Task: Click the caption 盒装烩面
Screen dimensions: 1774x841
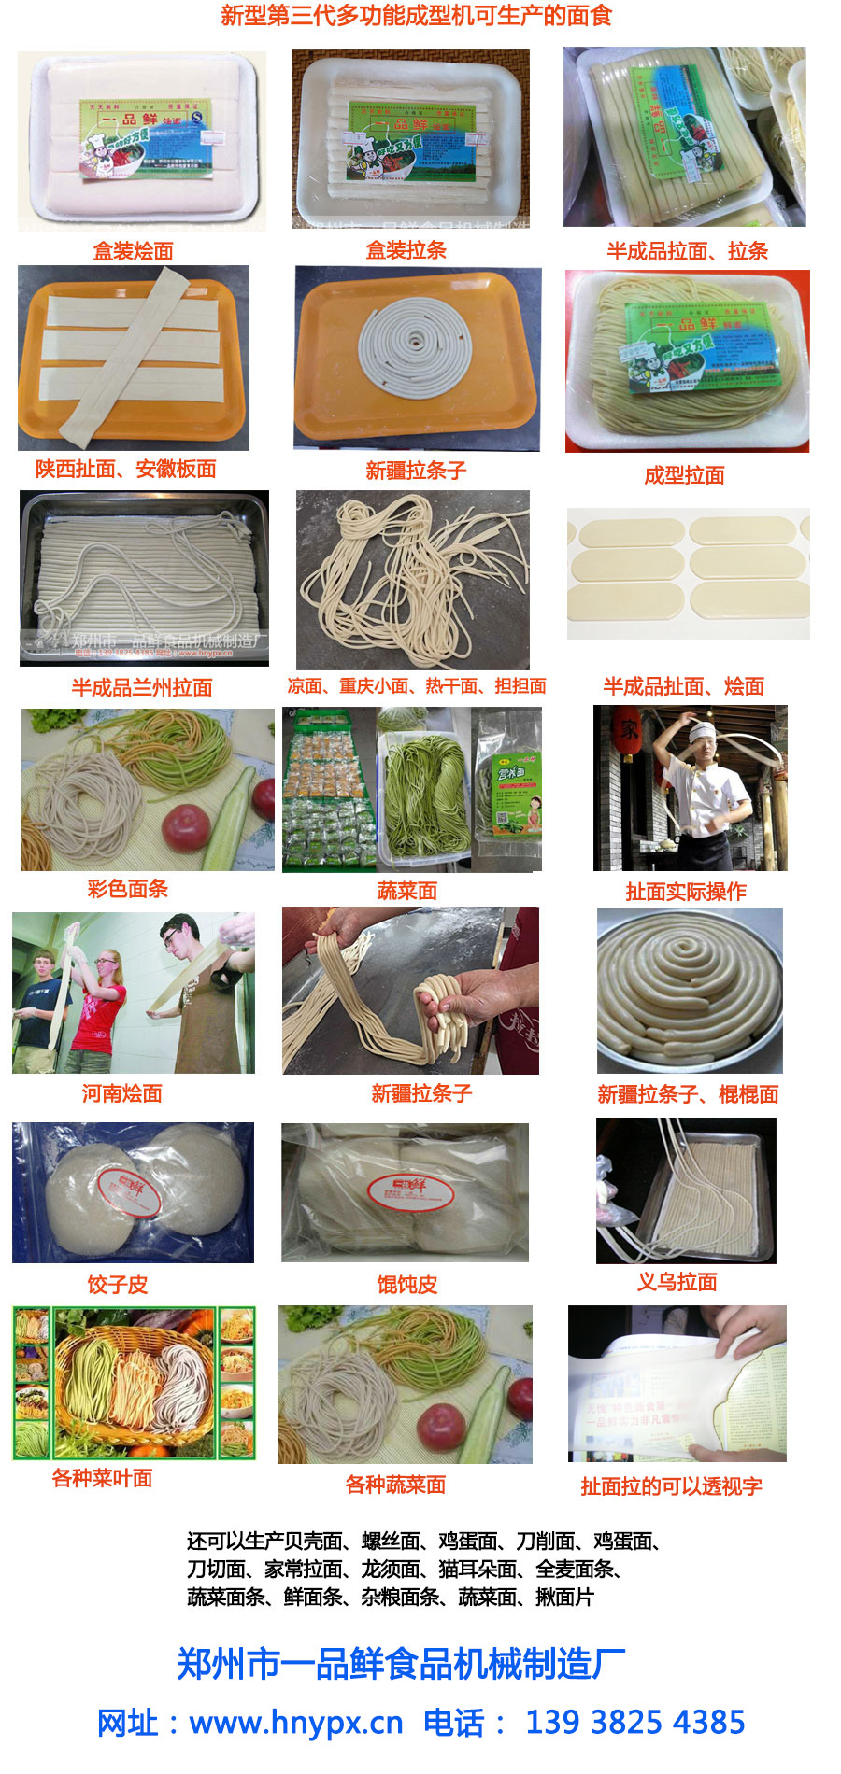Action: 133,250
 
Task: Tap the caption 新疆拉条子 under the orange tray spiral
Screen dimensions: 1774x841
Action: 416,471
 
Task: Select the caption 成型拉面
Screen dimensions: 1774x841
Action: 684,475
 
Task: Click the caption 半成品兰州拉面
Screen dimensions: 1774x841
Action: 142,688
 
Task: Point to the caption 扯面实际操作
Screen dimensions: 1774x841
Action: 685,892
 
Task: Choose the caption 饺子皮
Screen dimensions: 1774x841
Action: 118,1285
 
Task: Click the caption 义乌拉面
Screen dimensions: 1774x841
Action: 677,1282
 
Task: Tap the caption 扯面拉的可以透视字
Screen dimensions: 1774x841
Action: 671,1486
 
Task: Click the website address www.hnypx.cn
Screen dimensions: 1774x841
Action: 295,1722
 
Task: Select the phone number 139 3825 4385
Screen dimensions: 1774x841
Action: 634,1722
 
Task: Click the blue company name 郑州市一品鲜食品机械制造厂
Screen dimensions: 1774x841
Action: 402,1664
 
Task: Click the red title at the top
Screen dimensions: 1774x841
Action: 416,16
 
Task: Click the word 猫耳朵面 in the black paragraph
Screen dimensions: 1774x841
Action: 477,1569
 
